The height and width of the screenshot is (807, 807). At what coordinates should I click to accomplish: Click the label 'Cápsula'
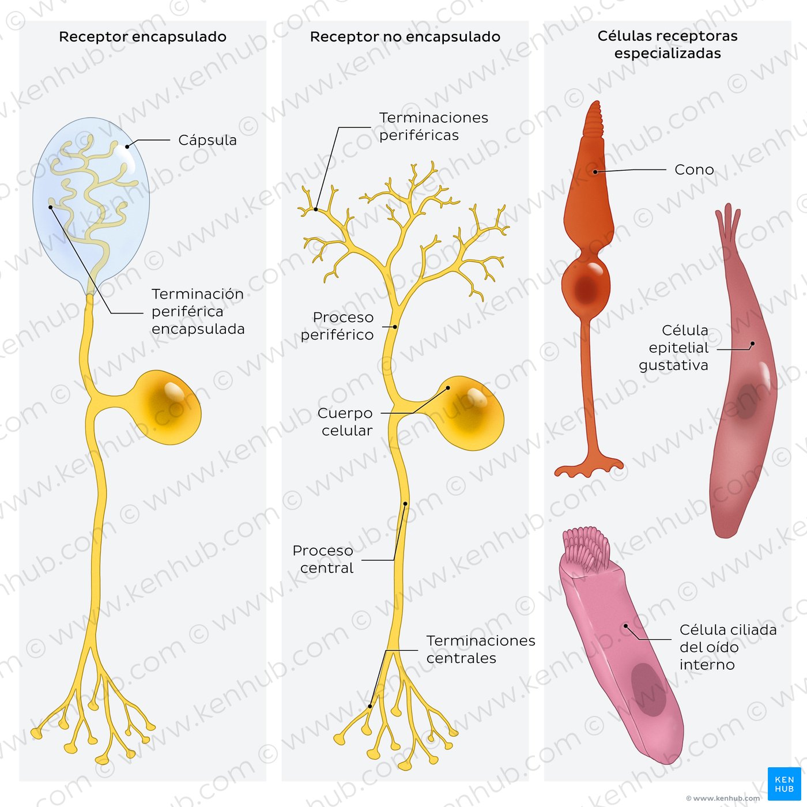pos(208,140)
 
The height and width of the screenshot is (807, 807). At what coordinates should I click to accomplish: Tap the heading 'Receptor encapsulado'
pos(142,37)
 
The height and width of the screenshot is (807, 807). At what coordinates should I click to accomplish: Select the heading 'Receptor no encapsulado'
pos(405,37)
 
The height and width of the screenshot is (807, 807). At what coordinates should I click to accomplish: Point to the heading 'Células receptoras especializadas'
pos(668,44)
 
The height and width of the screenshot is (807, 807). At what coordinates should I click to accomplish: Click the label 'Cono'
pos(694,169)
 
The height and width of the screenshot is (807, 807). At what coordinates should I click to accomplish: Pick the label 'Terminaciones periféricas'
pos(433,126)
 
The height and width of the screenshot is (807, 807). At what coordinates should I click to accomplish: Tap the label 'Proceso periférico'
pos(337,326)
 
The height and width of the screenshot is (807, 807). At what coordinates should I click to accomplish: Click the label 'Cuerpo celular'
pos(345,422)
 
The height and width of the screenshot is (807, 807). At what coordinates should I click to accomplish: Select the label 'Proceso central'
pos(323,559)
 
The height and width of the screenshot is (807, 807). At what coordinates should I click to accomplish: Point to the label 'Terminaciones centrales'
pos(481,649)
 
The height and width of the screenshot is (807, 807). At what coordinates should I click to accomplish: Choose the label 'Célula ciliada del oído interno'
pos(728,647)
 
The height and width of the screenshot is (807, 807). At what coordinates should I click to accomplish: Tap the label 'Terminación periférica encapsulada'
pos(198,311)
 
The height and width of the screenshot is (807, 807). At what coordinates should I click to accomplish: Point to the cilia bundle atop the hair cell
pos(586,549)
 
